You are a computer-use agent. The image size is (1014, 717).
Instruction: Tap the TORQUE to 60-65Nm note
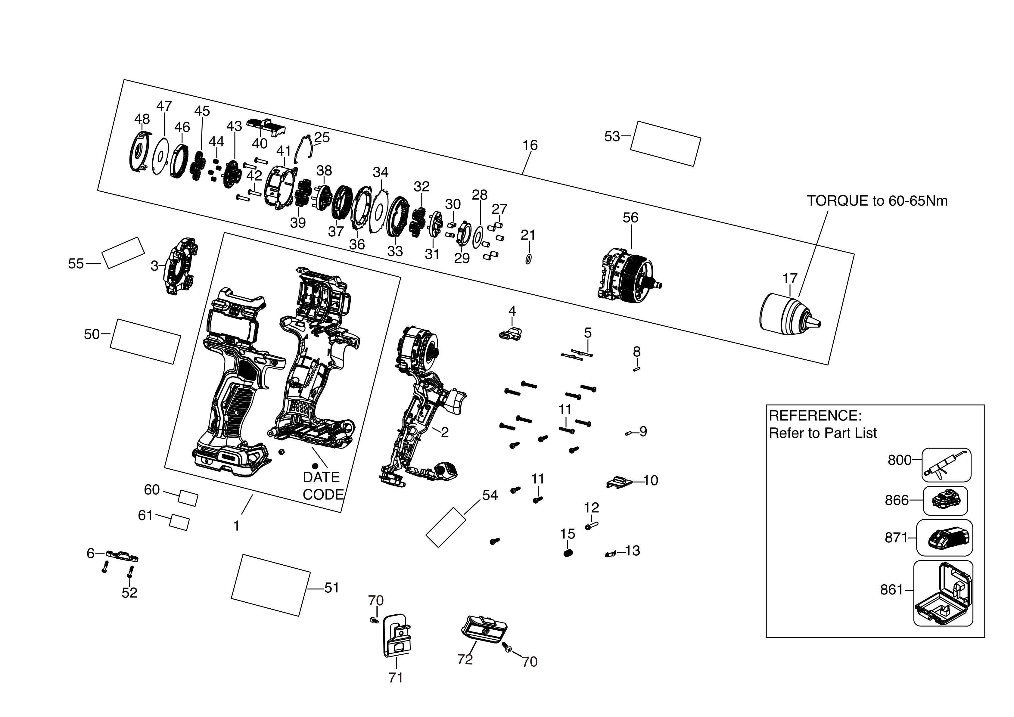877,201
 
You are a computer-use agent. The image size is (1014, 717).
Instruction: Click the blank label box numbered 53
665,144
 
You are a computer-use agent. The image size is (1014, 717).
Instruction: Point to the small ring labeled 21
528,259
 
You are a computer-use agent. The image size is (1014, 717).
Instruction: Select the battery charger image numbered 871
945,538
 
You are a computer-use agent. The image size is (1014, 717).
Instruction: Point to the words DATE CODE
322,486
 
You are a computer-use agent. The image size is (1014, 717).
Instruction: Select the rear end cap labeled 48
140,152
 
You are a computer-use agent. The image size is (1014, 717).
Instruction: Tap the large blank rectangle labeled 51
271,585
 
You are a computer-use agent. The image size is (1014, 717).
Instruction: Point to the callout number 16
530,145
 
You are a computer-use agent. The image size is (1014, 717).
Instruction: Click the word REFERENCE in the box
815,415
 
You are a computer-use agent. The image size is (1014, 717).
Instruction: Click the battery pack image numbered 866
945,501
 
